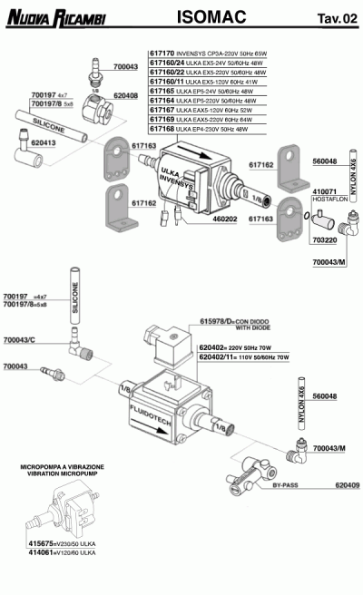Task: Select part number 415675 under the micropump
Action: (x=42, y=542)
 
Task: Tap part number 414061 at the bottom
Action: (x=42, y=551)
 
